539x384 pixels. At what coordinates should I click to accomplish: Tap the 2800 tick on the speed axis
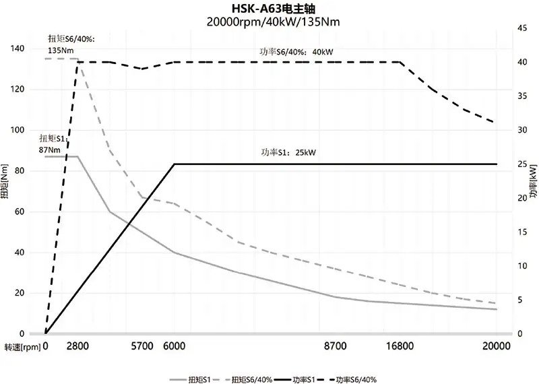[x=78, y=346]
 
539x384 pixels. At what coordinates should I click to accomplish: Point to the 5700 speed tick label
[x=142, y=346]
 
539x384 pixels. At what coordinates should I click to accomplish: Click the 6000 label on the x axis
[x=175, y=346]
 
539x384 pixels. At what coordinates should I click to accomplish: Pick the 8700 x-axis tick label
[x=335, y=346]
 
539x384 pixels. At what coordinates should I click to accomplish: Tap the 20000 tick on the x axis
[x=497, y=346]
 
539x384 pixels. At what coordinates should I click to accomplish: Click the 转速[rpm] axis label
[x=22, y=346]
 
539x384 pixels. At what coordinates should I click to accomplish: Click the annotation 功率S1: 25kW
[x=288, y=152]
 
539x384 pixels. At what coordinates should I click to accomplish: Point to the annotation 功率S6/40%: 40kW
[x=297, y=51]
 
